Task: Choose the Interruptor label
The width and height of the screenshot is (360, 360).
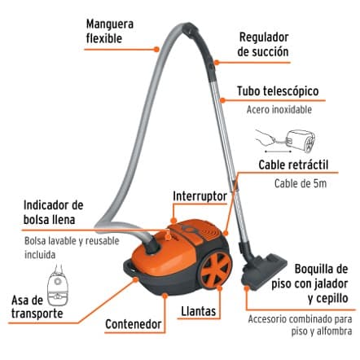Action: (200, 196)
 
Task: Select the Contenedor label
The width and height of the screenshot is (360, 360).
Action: (134, 324)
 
